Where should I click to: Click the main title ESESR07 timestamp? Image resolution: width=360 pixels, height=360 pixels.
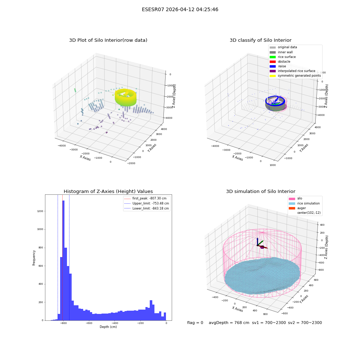(x=180, y=9)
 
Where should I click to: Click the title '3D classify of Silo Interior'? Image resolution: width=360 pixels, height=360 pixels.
(x=261, y=40)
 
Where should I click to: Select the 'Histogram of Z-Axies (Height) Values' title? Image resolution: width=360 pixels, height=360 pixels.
(x=108, y=191)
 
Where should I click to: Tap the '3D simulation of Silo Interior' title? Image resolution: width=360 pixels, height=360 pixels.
(x=261, y=191)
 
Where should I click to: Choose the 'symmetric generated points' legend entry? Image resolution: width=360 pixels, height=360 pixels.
(x=295, y=76)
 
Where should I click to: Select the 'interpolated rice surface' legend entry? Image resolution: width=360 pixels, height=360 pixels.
(x=292, y=71)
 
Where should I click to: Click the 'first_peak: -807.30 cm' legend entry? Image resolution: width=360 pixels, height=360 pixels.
(x=145, y=198)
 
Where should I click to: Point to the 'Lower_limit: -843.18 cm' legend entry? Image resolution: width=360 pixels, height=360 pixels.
(x=147, y=208)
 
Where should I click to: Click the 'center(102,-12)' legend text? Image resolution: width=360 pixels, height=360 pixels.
(x=309, y=213)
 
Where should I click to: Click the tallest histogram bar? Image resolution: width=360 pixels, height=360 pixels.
(x=63, y=260)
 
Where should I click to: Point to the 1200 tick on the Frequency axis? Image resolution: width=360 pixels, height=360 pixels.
(x=40, y=211)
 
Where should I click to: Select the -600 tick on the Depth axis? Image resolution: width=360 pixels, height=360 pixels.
(x=89, y=323)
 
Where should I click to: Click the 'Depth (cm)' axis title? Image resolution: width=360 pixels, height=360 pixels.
(x=108, y=327)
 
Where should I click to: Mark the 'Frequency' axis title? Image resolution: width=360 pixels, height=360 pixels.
(x=34, y=258)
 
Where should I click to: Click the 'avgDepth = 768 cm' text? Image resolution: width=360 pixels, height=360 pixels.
(x=229, y=323)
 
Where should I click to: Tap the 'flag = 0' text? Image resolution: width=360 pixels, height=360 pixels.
(x=195, y=323)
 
